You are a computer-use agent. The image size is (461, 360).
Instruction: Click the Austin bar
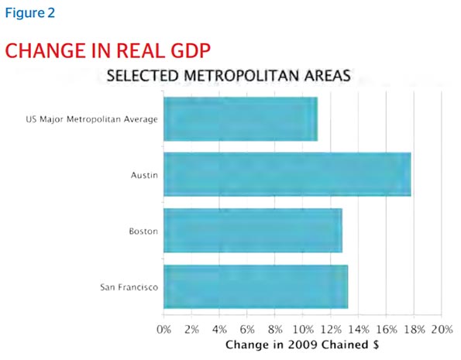287,174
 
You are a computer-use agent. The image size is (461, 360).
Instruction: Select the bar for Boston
253,231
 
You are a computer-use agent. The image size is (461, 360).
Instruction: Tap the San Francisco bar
256,286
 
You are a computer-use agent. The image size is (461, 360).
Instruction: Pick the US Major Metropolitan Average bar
240,119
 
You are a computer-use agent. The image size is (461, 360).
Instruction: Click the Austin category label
144,176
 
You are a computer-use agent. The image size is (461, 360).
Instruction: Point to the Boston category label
143,231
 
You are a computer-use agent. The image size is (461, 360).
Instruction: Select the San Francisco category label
129,287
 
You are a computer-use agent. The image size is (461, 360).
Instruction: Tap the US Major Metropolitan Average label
91,119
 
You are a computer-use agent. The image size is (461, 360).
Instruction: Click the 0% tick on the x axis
163,330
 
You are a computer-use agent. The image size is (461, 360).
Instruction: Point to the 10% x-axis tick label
303,330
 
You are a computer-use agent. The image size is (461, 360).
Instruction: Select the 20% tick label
442,330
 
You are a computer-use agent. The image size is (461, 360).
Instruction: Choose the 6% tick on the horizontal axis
247,330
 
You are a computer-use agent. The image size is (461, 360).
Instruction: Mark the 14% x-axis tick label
359,330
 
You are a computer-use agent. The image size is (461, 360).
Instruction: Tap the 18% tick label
414,330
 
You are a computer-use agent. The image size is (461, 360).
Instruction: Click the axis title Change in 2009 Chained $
302,345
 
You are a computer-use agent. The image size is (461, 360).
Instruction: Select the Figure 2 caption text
30,13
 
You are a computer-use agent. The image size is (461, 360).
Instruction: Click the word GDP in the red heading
191,50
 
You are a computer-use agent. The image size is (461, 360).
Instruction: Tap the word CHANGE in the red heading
45,50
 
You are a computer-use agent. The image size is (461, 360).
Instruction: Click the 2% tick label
191,330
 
